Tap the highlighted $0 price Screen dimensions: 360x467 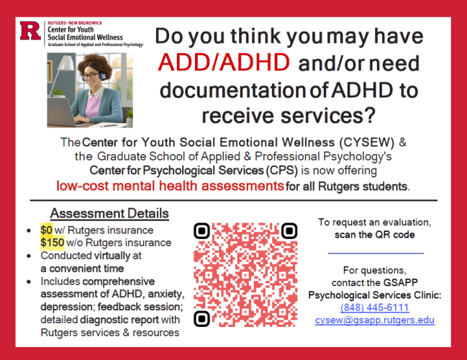(46, 230)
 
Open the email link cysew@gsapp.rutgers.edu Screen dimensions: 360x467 (374, 320)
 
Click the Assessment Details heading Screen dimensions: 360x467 (109, 214)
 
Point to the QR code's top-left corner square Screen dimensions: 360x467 (202, 231)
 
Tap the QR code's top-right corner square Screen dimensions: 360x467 (289, 231)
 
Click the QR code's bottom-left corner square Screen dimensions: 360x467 (202, 318)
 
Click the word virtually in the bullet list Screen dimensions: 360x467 (107, 255)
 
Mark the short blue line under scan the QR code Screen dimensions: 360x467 (375, 253)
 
